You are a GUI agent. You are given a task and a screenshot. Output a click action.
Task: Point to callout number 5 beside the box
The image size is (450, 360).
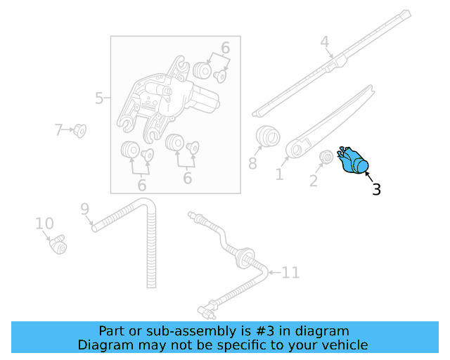point(99,98)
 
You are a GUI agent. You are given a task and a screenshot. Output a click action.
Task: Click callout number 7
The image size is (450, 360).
point(59,129)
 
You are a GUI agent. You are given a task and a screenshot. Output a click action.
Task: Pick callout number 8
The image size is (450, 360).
point(252,164)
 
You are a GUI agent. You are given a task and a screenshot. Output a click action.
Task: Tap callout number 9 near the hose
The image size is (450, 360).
point(84,209)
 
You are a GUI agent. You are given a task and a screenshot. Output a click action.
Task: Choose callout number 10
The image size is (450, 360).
point(44,224)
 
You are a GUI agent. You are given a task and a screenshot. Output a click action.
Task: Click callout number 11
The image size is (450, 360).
point(291,271)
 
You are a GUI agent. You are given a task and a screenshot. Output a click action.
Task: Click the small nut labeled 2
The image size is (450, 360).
point(326,157)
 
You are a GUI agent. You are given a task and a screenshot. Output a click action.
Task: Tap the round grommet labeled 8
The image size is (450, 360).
point(266,135)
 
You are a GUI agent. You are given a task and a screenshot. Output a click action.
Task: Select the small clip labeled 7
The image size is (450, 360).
point(79,131)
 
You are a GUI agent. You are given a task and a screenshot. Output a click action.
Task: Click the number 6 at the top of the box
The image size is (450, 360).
point(225,48)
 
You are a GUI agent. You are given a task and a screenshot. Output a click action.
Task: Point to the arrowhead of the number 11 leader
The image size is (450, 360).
point(268,271)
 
